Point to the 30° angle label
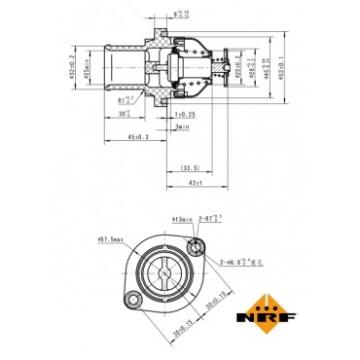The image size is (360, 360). click(124, 114)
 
